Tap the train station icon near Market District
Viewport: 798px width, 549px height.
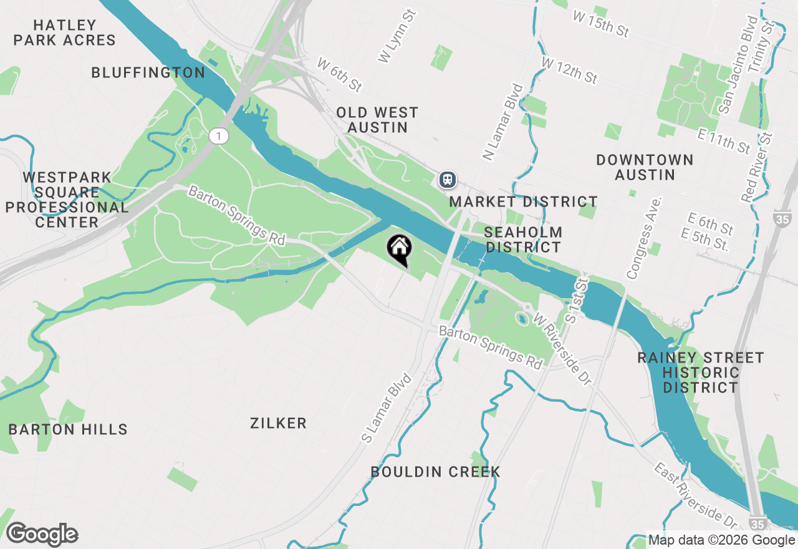pos(448,180)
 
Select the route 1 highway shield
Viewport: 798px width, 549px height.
pos(218,135)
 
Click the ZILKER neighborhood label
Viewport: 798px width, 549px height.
pos(278,424)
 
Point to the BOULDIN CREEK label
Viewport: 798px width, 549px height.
pos(435,472)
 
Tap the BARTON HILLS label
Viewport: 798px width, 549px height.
pos(68,429)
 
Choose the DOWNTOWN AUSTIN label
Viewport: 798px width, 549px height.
pos(645,167)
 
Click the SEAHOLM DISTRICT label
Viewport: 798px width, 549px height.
pos(524,240)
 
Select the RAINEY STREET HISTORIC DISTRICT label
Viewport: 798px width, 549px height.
pos(701,372)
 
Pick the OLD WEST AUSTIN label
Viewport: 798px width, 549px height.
pos(377,120)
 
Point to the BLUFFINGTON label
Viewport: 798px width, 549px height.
pos(148,73)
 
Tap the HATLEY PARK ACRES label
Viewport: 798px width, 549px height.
pos(65,33)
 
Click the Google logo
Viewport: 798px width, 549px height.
pos(42,534)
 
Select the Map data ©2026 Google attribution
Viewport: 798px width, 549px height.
pos(722,540)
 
